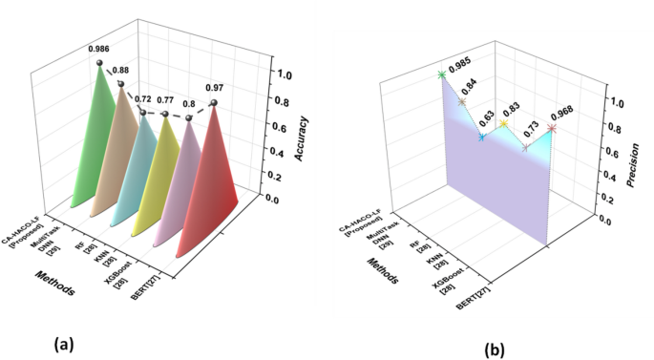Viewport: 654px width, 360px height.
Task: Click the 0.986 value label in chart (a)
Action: pos(98,48)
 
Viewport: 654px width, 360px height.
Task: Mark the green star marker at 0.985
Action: pos(441,74)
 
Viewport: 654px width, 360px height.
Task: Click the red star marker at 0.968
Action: pos(552,128)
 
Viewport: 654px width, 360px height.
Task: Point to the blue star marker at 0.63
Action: pos(482,138)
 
